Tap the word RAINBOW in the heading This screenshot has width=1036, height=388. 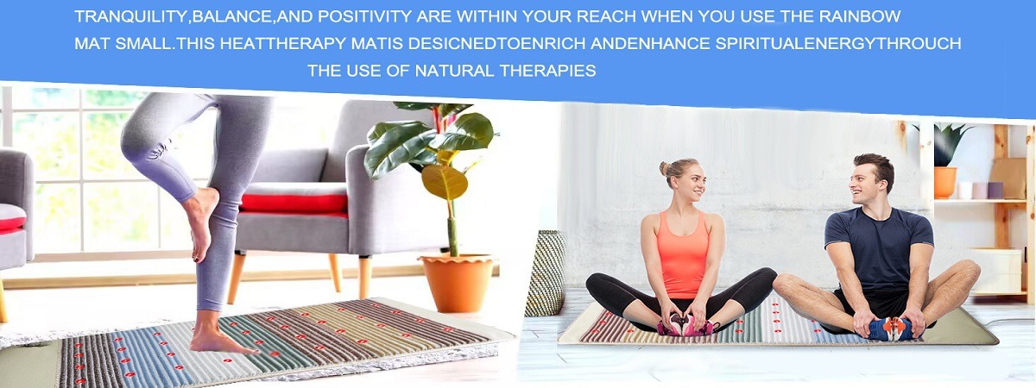point(859,16)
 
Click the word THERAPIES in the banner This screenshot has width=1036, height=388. point(547,71)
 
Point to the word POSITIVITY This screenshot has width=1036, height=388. point(365,16)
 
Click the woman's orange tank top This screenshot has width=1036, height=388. point(684,255)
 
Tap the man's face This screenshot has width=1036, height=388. point(864,185)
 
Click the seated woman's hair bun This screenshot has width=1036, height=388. point(665,167)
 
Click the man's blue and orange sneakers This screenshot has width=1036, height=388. point(890,329)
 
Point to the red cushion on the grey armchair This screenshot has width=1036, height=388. point(294,203)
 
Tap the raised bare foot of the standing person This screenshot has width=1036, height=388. point(200,222)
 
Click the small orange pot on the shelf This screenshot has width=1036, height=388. point(944,183)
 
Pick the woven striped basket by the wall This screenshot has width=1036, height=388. point(546,273)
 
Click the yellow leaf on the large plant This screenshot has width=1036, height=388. point(445,182)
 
